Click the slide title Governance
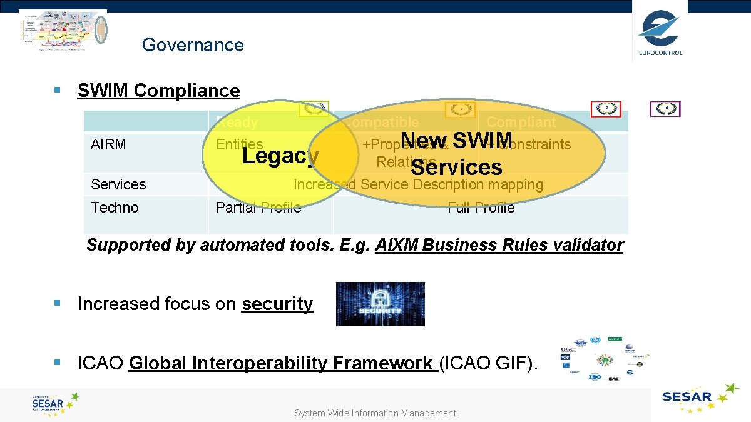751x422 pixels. click(193, 45)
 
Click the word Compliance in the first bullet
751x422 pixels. click(186, 91)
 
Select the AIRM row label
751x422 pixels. click(108, 144)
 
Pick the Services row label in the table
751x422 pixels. click(118, 184)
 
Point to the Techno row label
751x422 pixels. click(115, 208)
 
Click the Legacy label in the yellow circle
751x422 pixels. click(280, 156)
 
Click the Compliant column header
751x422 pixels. click(521, 122)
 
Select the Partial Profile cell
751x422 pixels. click(258, 208)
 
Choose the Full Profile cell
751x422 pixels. click(481, 208)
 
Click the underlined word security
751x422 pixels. click(277, 304)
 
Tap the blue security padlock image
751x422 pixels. click(380, 304)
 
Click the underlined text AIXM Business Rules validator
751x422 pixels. click(499, 245)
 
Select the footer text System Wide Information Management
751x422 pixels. click(375, 413)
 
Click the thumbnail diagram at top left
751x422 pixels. click(63, 32)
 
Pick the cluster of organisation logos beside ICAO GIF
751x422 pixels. click(603, 358)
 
